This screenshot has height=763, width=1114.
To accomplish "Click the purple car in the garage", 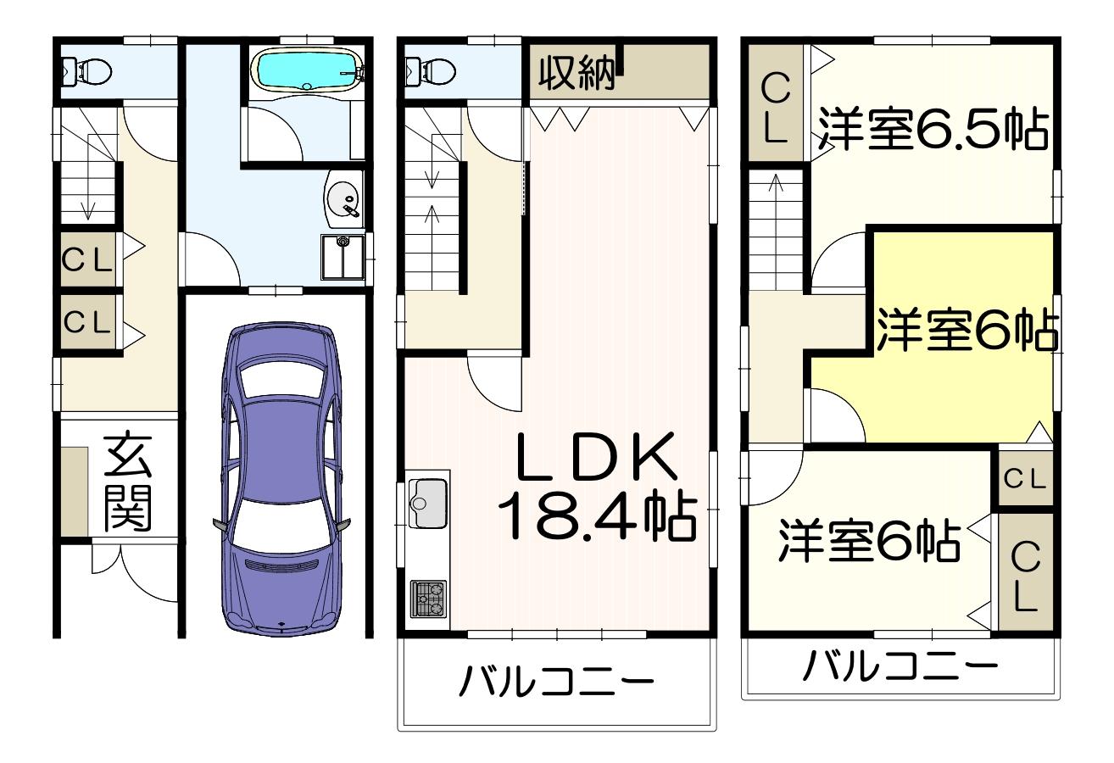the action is tap(281, 479).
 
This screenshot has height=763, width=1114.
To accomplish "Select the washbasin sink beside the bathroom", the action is tap(343, 199).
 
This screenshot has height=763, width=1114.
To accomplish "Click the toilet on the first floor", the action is tap(87, 71).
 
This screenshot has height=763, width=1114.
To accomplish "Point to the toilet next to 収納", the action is tap(431, 71).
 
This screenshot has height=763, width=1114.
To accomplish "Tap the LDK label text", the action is tap(597, 457).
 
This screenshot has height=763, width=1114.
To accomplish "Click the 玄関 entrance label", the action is tap(128, 484).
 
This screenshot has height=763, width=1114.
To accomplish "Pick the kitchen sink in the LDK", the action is tap(427, 503).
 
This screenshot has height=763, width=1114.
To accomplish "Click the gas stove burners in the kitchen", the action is tap(428, 599).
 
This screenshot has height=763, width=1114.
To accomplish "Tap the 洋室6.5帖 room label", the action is tap(933, 130).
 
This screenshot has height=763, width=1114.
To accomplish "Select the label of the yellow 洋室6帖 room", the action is tap(966, 330).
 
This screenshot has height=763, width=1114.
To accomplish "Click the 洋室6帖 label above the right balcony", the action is tap(869, 541).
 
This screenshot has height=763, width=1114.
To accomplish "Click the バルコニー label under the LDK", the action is tap(556, 681).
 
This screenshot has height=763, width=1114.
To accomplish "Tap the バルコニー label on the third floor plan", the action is tap(900, 666).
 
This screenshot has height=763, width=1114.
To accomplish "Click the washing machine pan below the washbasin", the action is tap(343, 257).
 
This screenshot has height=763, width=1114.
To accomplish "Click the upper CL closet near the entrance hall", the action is tap(87, 259).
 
